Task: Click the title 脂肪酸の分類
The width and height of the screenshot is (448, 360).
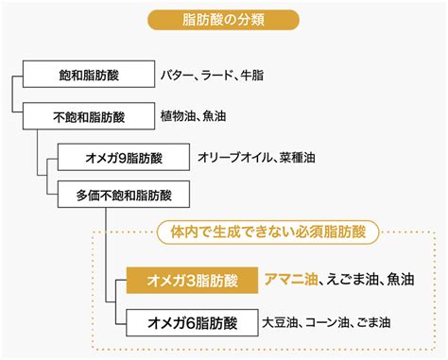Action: point(223,20)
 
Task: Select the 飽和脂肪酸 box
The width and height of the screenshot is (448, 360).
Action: point(89,75)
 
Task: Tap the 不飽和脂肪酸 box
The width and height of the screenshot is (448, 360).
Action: point(89,116)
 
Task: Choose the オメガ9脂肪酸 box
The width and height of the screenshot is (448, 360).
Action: point(124,157)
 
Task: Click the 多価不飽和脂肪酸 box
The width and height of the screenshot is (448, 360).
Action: point(124,195)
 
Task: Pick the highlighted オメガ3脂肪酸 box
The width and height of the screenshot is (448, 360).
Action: point(192,281)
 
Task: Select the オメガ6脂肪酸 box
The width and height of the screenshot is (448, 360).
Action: point(192,322)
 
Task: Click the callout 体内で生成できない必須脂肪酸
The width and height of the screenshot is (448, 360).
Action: point(268,232)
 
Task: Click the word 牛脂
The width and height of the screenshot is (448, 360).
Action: point(252,75)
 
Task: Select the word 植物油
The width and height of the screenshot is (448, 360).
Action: point(178,116)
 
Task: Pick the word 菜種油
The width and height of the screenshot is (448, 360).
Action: point(298,157)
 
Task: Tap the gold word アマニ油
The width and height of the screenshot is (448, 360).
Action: point(291,280)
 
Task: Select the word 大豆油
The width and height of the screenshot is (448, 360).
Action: point(280,322)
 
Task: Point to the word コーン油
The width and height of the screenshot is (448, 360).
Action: point(325,322)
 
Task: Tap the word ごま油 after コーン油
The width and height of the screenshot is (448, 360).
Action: point(373,322)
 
